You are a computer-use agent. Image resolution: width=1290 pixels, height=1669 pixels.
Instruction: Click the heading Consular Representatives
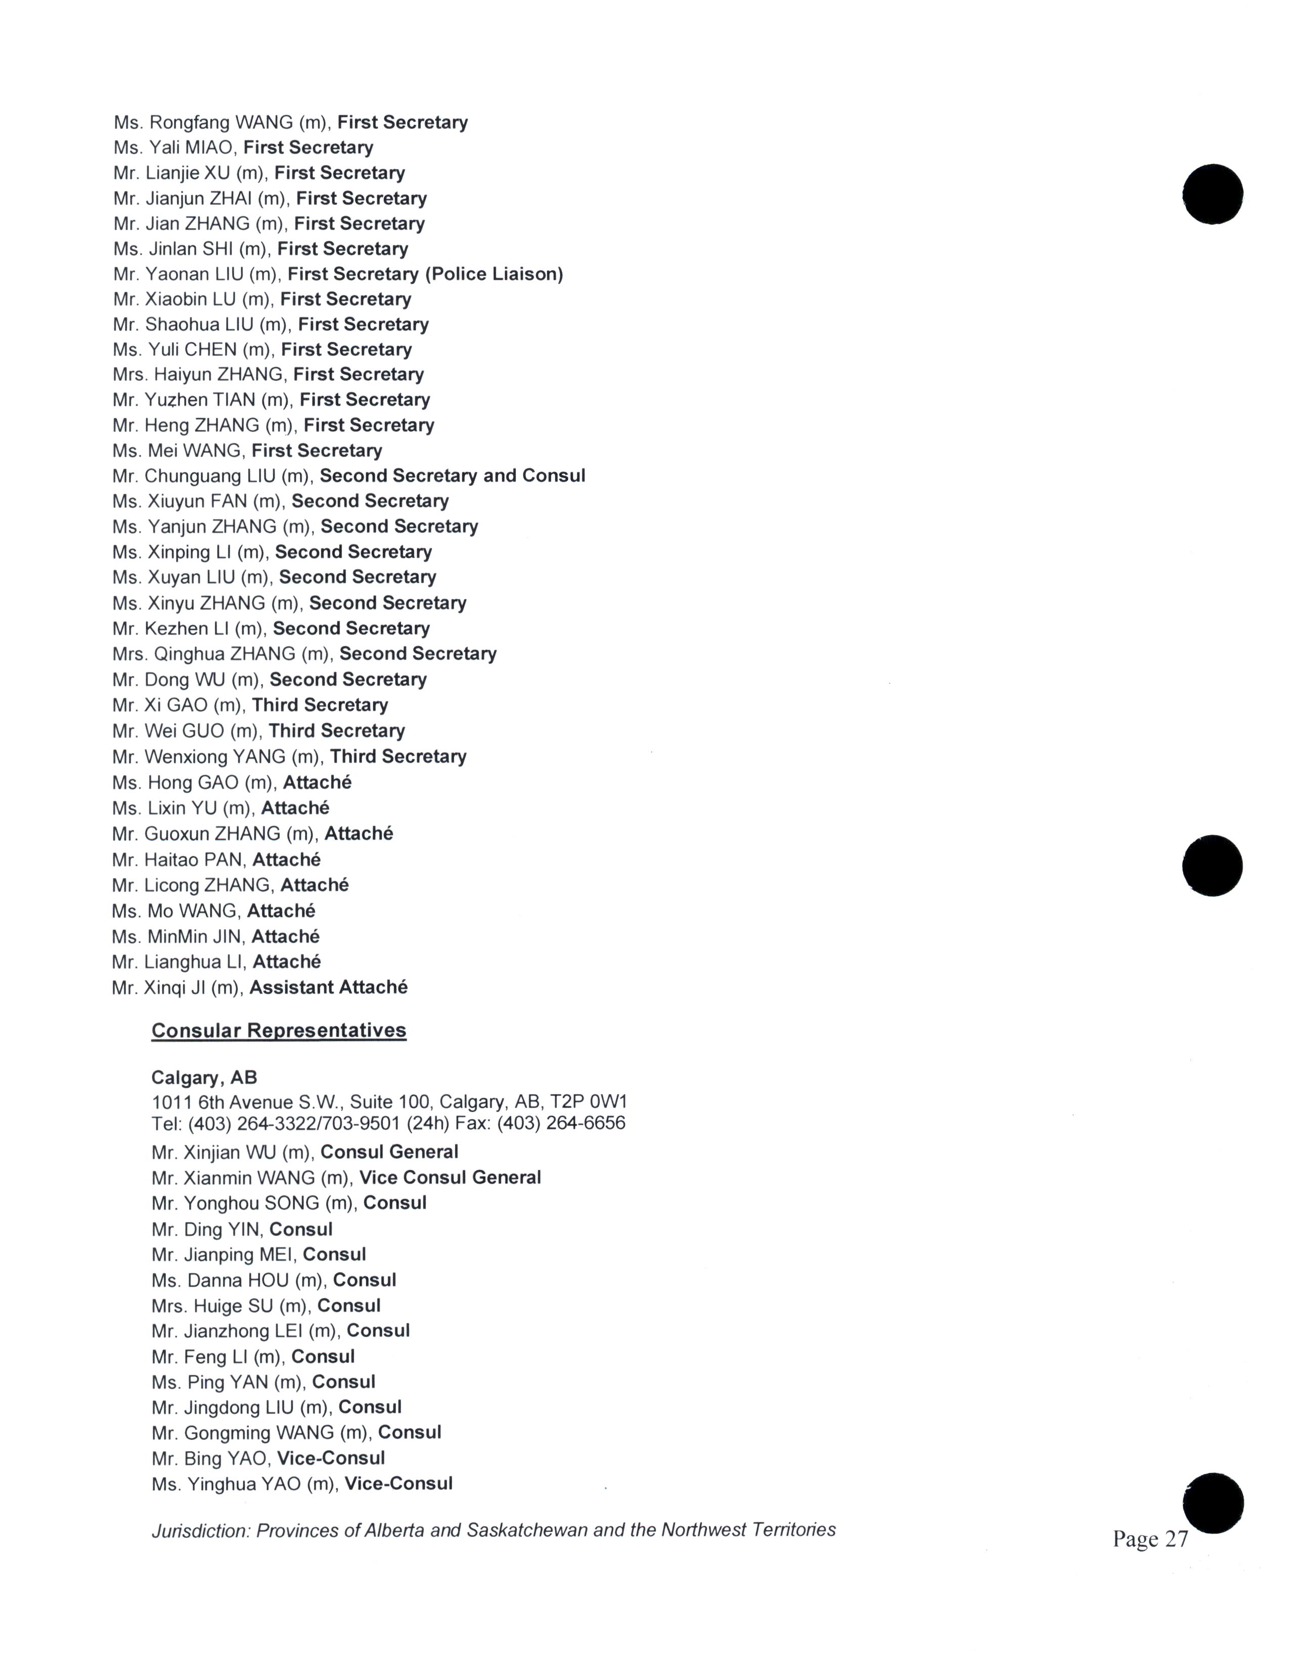278,1030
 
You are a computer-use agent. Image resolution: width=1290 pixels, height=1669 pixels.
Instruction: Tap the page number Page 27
1150,1539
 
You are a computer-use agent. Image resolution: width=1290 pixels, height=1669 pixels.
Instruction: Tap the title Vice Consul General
450,1177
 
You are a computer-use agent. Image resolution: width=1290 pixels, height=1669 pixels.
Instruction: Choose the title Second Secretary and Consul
452,476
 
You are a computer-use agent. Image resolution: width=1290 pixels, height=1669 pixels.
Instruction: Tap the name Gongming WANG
249,1432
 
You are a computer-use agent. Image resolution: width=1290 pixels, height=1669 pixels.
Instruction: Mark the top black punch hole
1212,194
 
